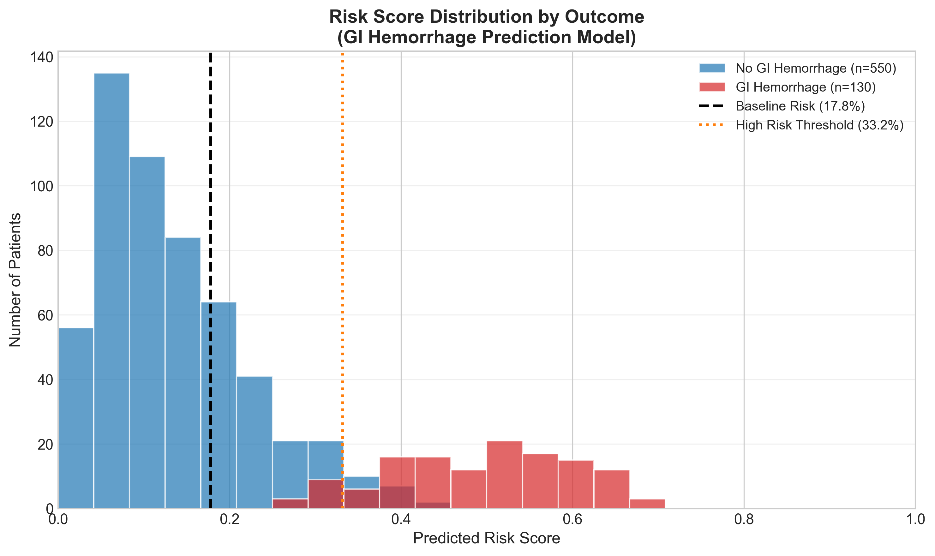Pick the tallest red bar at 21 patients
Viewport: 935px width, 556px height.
(x=504, y=474)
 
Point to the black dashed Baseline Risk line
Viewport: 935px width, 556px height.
(x=211, y=187)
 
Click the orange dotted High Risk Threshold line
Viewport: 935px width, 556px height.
(x=342, y=225)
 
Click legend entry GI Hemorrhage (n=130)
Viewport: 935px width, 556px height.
(x=806, y=87)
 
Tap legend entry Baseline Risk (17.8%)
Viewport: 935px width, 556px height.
(x=800, y=106)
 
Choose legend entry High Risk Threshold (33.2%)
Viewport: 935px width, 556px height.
(x=819, y=125)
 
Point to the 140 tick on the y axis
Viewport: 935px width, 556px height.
(x=41, y=57)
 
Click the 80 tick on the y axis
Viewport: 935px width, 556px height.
(x=45, y=251)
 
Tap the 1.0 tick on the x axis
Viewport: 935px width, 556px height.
(x=914, y=519)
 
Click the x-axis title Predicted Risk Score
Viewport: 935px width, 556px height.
(x=486, y=538)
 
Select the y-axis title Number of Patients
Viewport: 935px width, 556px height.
(x=15, y=279)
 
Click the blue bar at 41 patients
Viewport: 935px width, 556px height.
(x=254, y=442)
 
